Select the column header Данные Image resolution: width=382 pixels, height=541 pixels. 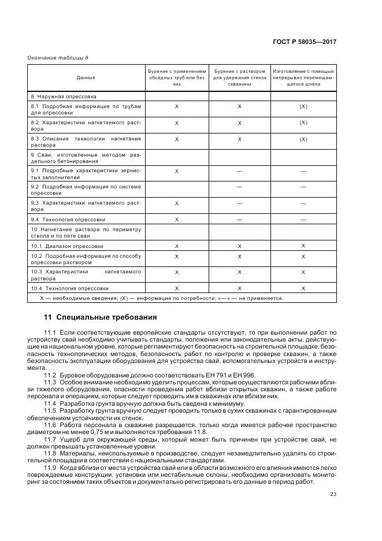[86, 77]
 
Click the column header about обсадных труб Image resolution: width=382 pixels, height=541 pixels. [177, 77]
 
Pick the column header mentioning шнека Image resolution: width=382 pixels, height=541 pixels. [303, 77]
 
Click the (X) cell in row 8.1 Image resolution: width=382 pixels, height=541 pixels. [303, 107]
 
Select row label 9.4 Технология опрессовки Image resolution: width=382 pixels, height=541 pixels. [68, 220]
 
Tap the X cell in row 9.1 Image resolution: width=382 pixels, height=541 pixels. [177, 171]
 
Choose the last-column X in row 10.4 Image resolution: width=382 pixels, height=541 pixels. [303, 288]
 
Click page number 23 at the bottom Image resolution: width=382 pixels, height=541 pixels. [333, 494]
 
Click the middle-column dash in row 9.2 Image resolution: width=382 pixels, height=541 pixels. [239, 187]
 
